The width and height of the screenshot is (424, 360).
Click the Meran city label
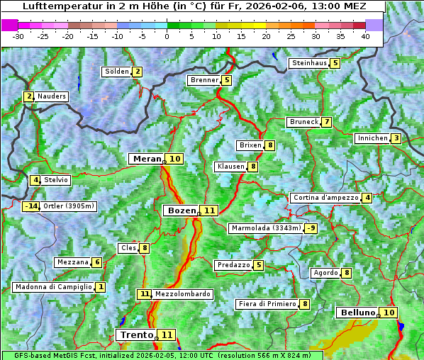(x=146, y=159)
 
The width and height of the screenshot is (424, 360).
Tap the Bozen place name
(x=181, y=210)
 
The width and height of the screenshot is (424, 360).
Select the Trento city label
(x=136, y=334)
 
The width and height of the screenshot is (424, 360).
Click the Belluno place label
(x=357, y=313)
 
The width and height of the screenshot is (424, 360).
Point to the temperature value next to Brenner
(x=226, y=80)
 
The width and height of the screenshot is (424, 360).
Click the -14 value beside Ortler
(x=30, y=206)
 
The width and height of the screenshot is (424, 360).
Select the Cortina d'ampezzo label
(x=325, y=198)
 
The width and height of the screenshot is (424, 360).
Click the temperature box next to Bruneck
(x=326, y=122)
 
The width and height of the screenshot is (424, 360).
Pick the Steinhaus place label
(x=309, y=63)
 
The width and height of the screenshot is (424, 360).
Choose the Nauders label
(x=52, y=96)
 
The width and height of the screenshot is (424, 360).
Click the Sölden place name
(x=117, y=72)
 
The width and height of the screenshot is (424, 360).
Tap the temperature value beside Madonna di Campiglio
(x=101, y=287)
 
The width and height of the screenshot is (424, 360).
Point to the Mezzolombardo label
(x=182, y=294)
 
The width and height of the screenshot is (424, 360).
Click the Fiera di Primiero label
(x=267, y=304)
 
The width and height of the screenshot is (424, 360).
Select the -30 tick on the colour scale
(x=18, y=35)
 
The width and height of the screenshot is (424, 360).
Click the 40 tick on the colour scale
(x=365, y=35)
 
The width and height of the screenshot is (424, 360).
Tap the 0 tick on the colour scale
(x=167, y=35)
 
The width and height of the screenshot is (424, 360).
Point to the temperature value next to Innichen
(x=396, y=138)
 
